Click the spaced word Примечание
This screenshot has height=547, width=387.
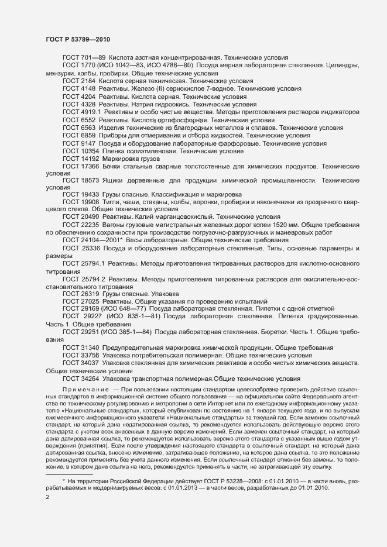[x=85, y=389]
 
